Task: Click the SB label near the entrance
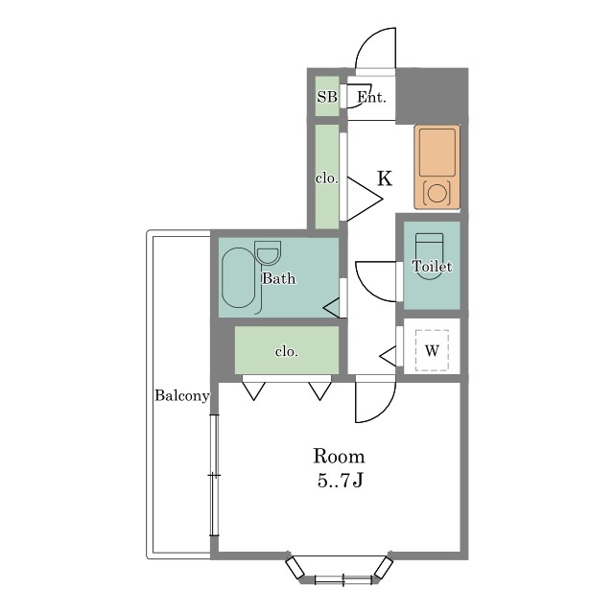click(327, 96)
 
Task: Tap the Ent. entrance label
click(371, 97)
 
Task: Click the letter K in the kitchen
click(385, 178)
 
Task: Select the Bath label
click(279, 278)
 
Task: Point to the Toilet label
click(432, 267)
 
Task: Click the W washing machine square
click(432, 350)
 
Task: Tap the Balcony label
click(181, 395)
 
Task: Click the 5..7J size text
click(340, 481)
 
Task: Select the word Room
click(339, 457)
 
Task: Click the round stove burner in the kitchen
click(437, 194)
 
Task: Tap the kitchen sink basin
click(437, 153)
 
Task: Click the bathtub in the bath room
click(239, 277)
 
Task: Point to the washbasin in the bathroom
click(268, 253)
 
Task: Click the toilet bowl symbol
click(430, 256)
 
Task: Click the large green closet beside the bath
click(287, 350)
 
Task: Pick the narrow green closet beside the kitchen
click(327, 177)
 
